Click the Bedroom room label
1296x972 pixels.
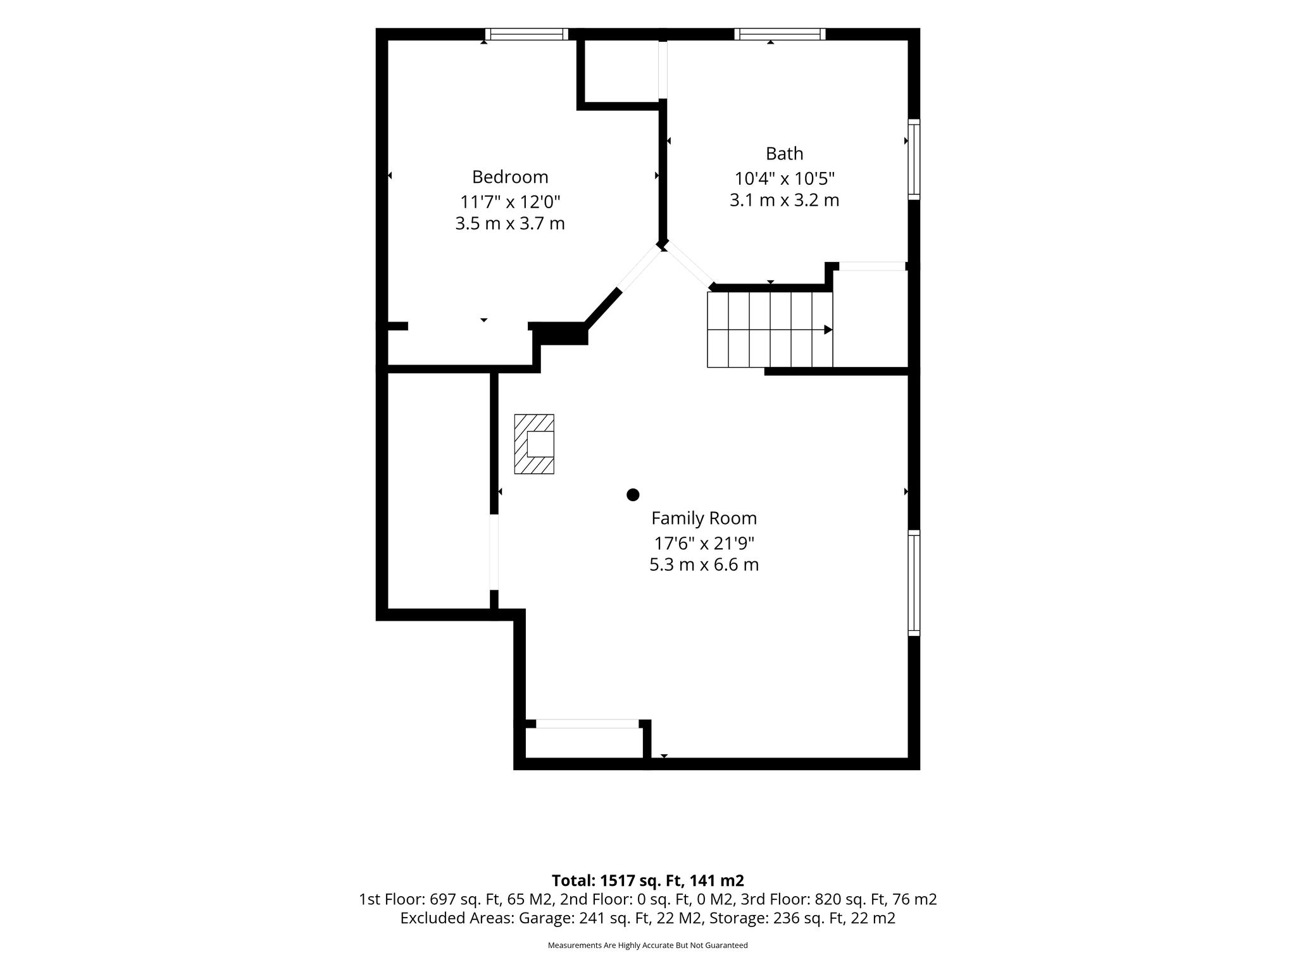point(510,177)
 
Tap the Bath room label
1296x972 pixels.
point(785,154)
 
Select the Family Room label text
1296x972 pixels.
point(704,519)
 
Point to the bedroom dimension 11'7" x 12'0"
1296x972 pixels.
point(510,202)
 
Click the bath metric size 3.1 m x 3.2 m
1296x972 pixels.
point(785,201)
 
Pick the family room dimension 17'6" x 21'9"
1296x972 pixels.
point(704,543)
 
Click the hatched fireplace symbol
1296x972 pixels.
point(534,444)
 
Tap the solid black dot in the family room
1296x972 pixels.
point(633,495)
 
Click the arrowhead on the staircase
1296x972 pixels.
point(828,330)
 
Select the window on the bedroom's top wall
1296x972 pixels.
point(526,34)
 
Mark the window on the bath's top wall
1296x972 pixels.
point(780,34)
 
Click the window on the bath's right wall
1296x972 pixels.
point(914,159)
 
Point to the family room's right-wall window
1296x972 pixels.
point(914,583)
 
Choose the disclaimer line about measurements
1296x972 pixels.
point(648,945)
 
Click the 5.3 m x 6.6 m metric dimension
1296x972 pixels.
point(704,565)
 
